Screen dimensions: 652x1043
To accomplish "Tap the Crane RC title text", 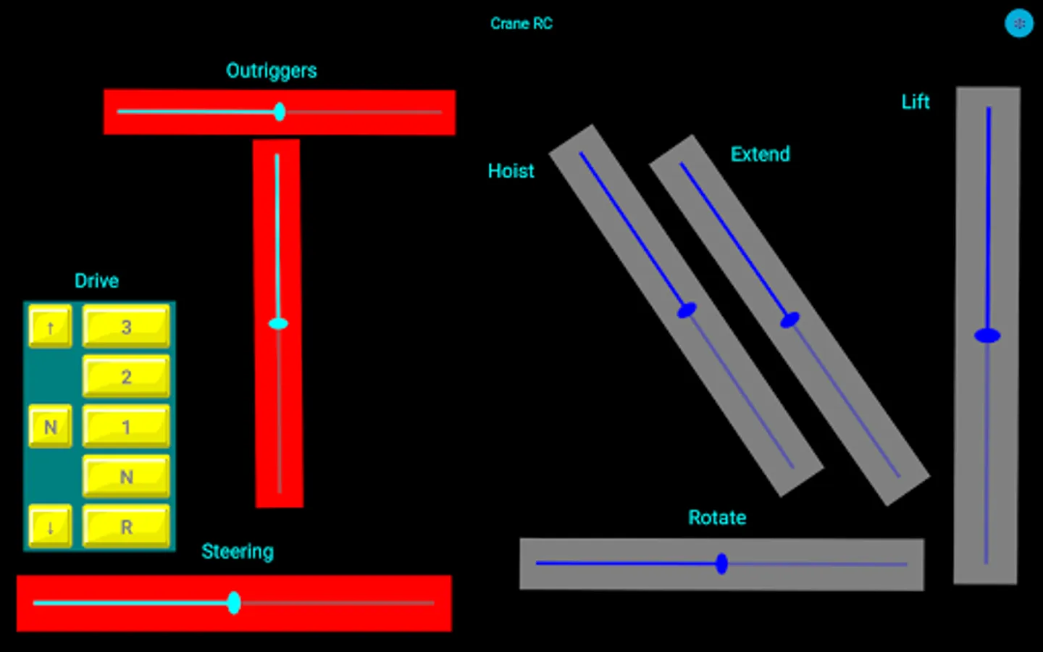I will [x=521, y=24].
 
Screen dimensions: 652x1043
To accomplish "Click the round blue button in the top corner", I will [x=1018, y=24].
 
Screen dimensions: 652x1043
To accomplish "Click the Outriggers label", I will [x=271, y=71].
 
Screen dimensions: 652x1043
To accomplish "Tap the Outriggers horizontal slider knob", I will [x=280, y=112].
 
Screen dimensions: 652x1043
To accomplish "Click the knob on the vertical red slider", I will [x=278, y=323].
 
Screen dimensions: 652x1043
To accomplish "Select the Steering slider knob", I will [x=234, y=602].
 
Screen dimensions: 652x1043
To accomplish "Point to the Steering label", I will [x=238, y=552].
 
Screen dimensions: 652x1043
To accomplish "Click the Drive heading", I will [x=96, y=281].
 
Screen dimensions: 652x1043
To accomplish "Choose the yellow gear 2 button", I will [x=126, y=377].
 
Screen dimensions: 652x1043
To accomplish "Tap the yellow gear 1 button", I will [x=126, y=427].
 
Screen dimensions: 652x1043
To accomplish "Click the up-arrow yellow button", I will [x=50, y=327].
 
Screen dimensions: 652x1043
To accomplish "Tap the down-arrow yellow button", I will [x=50, y=527].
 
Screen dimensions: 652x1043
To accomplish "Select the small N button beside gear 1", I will [x=50, y=427].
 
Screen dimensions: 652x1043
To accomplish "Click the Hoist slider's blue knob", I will [x=687, y=310].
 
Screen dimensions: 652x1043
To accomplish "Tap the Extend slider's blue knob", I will [x=789, y=319].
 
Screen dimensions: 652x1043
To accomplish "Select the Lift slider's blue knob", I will [x=987, y=335].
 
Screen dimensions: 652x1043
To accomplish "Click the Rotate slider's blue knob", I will [x=721, y=564].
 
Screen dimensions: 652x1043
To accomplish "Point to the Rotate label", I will [x=716, y=518].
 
